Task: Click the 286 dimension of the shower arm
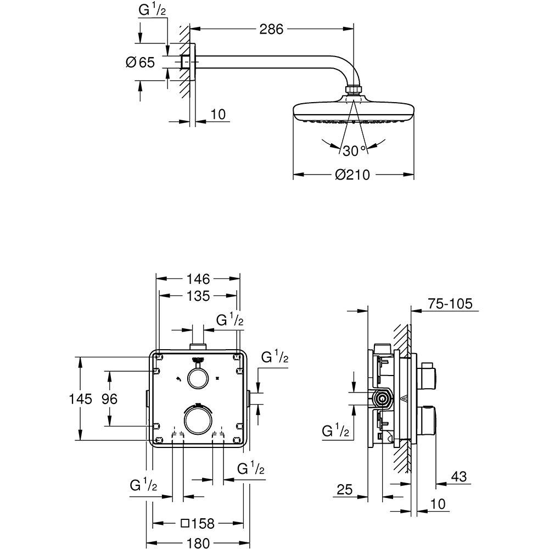[271, 29]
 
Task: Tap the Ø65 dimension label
[140, 63]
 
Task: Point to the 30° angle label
[354, 150]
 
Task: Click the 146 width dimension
[198, 279]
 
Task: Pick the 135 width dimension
[198, 296]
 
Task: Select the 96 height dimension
[110, 399]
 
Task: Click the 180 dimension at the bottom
[198, 543]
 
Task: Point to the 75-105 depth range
[450, 304]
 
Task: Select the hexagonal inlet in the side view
[383, 399]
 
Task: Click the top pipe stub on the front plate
[198, 347]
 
